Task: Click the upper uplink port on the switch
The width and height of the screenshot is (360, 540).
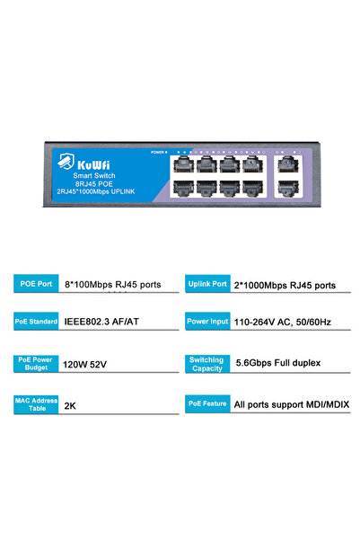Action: pyautogui.click(x=287, y=164)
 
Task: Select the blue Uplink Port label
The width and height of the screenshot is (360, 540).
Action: pyautogui.click(x=206, y=284)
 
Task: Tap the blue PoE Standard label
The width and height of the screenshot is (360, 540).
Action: pyautogui.click(x=36, y=321)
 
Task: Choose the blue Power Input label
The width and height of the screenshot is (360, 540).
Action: pyautogui.click(x=206, y=321)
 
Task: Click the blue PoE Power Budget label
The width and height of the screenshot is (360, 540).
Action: pyautogui.click(x=36, y=363)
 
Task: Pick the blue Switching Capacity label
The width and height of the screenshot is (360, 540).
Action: pyautogui.click(x=206, y=363)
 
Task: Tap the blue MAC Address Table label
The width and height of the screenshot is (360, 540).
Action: pyautogui.click(x=36, y=404)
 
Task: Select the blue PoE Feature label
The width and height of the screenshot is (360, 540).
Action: pyautogui.click(x=206, y=404)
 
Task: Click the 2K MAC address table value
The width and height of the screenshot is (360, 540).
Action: pyautogui.click(x=70, y=405)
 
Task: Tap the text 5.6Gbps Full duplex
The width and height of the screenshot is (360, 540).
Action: pyautogui.click(x=277, y=364)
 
